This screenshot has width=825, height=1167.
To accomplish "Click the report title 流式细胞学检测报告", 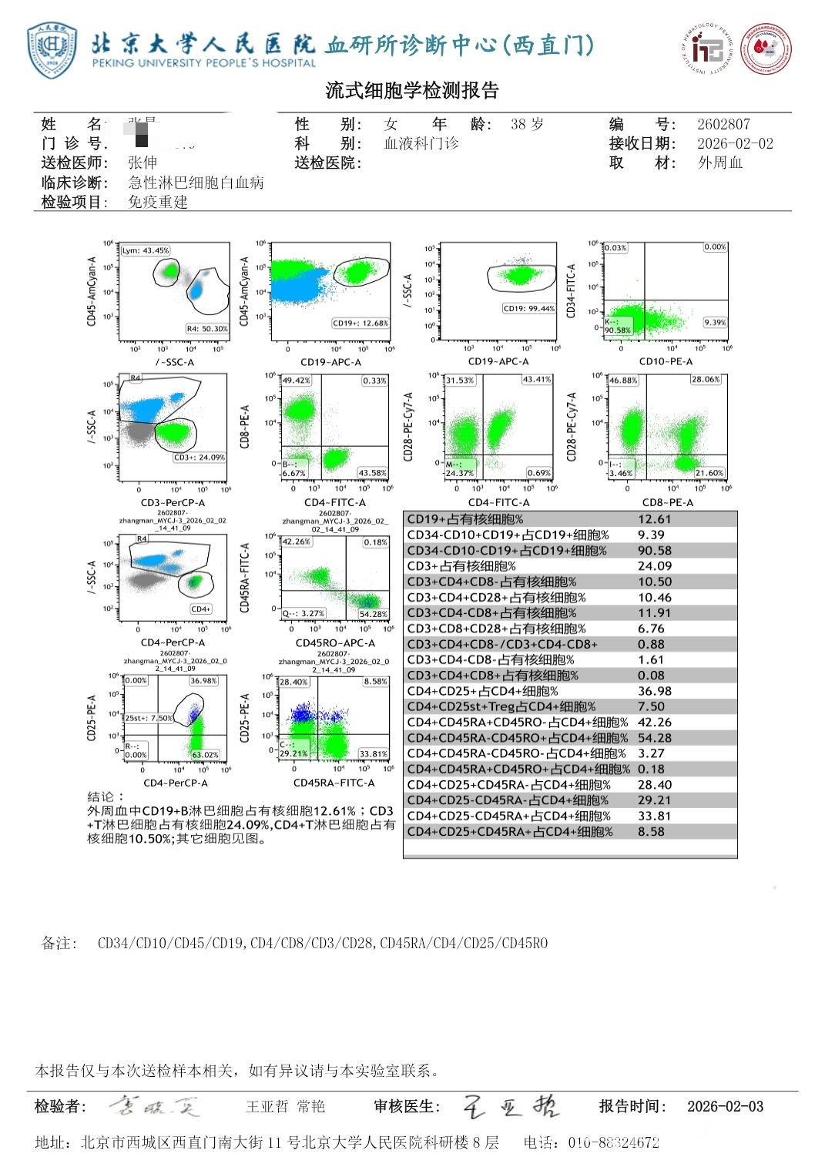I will [412, 91].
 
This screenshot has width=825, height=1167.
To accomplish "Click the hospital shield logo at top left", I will [52, 51].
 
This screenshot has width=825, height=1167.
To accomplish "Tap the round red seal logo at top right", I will [766, 49].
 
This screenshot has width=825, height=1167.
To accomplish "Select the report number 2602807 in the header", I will [723, 124].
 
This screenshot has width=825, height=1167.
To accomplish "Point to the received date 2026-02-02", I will [735, 143].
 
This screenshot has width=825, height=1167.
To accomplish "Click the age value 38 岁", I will [527, 124].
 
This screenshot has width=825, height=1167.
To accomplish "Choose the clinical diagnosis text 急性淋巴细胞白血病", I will [196, 183].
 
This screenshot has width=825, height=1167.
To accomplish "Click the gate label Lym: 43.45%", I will [146, 250].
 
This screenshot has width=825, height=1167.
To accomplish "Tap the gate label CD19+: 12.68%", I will [361, 324].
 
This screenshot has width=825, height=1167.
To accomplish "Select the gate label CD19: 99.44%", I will [528, 309].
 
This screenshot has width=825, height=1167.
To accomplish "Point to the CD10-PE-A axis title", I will [666, 361].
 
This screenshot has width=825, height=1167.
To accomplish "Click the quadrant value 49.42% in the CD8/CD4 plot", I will [296, 381].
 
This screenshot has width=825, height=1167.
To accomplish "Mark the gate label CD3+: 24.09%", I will [199, 458].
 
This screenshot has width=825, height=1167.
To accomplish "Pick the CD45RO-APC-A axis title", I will [335, 642].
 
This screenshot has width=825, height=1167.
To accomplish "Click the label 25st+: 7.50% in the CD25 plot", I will [149, 718].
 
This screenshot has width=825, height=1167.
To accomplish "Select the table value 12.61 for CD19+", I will [654, 519].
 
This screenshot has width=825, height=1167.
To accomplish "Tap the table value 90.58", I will [654, 551].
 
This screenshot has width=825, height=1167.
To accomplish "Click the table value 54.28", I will [654, 738].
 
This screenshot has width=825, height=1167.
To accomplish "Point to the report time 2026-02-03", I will [725, 1107].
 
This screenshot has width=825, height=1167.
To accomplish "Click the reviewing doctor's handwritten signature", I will [511, 1106].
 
